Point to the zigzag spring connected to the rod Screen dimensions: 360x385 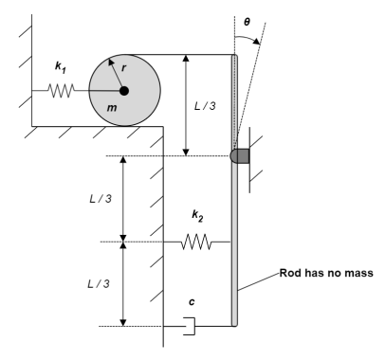click(x=196, y=242)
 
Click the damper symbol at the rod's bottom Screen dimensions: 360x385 click(x=189, y=327)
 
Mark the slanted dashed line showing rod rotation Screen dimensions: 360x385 click(x=251, y=95)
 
